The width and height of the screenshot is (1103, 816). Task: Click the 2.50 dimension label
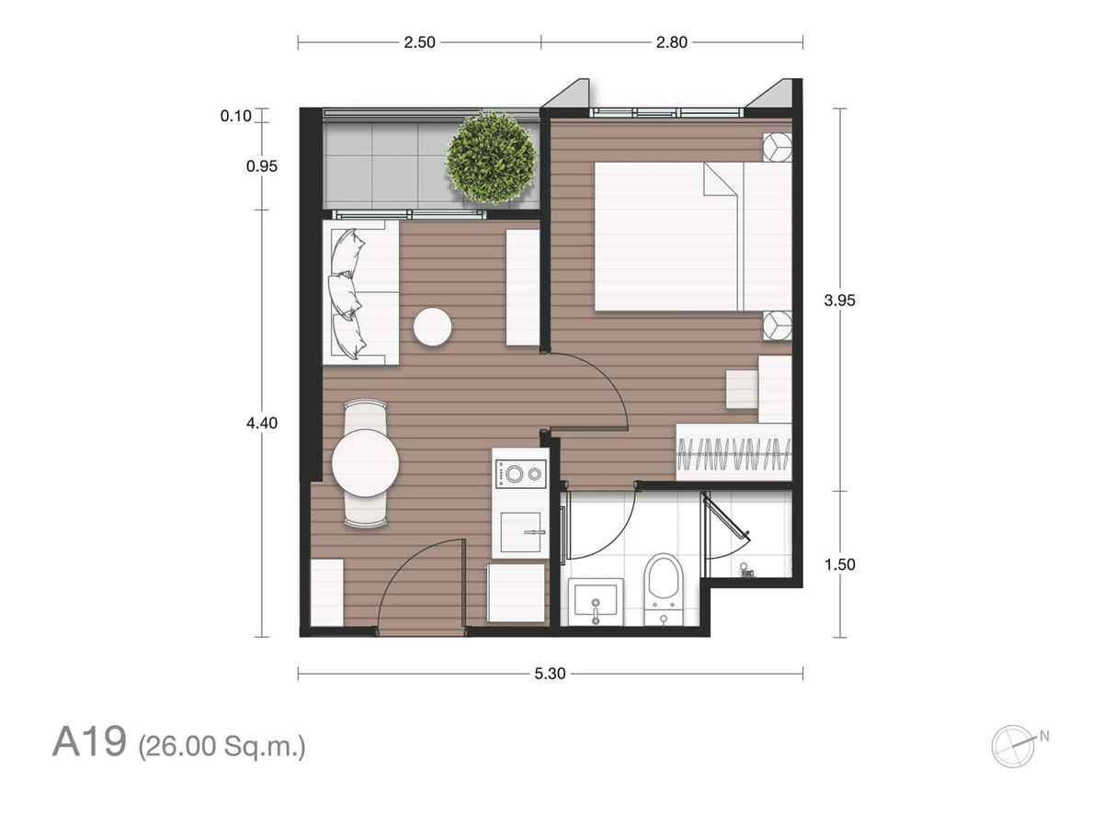coord(419,42)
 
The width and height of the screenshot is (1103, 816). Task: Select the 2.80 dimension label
coord(671,42)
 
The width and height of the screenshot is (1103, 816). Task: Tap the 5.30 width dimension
coord(550,674)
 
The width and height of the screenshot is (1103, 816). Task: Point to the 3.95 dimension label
coord(839,300)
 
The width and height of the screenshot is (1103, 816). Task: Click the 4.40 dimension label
coord(262,423)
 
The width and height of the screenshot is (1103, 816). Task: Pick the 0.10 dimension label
coord(235,116)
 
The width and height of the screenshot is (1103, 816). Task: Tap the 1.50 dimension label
coord(839,564)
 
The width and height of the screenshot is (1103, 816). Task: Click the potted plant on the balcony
coord(492,158)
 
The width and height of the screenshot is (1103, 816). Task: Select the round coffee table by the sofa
coord(432,327)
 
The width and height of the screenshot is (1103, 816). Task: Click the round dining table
coord(366,463)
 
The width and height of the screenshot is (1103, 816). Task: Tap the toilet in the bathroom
coord(664,589)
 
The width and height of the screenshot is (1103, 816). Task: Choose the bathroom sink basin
coord(596,601)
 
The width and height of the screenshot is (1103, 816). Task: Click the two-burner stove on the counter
coord(520,474)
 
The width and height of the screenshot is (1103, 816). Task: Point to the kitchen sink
coord(520,532)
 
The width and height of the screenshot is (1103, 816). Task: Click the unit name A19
coord(89,742)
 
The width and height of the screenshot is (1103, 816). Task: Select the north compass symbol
coord(1015,746)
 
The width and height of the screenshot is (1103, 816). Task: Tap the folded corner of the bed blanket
coord(720,179)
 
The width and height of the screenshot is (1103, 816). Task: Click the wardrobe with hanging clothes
coord(733,452)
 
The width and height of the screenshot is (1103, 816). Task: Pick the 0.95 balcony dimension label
coord(262,165)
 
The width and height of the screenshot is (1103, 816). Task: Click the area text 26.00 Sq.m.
coord(222,746)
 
